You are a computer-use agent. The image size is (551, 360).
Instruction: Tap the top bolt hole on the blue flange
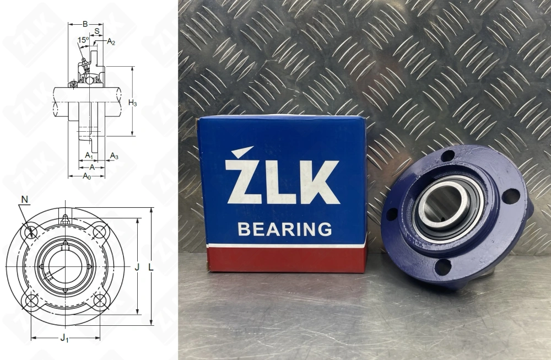[448, 156]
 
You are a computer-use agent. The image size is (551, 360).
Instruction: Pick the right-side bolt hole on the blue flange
[511, 196]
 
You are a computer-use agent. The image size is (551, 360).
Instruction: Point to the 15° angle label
[83, 40]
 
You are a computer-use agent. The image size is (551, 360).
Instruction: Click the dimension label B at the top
[84, 24]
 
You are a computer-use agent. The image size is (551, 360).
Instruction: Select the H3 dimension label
[132, 102]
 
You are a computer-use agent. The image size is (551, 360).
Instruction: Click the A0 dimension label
[87, 176]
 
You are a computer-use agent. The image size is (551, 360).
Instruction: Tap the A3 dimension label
[114, 157]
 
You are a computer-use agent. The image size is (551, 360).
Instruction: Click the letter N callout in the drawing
[24, 198]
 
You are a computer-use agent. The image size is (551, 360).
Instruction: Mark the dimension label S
[97, 32]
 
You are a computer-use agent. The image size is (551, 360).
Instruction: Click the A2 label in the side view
[111, 41]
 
